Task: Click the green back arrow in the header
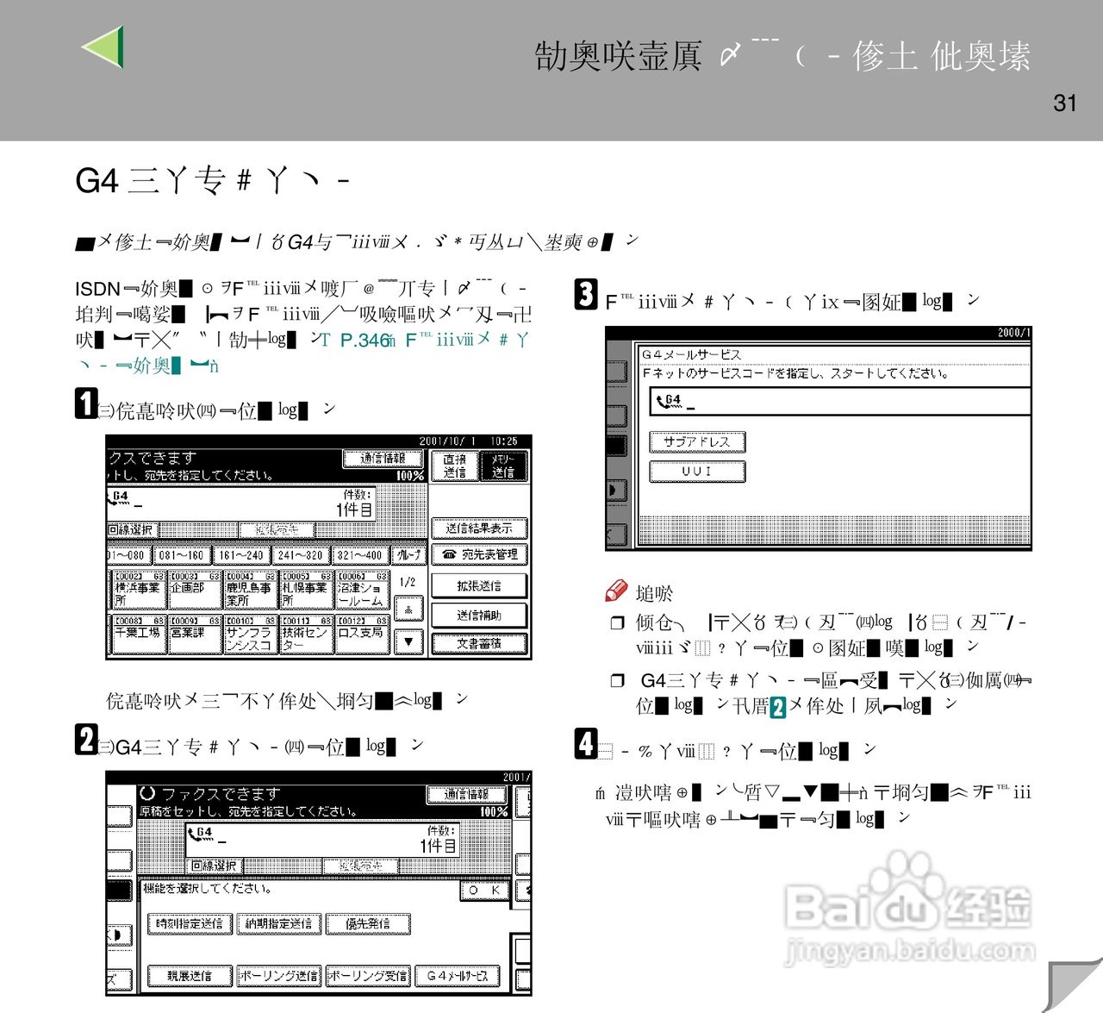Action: [x=104, y=47]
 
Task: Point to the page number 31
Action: [x=1065, y=103]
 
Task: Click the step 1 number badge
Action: [x=85, y=403]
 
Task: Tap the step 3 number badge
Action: [x=586, y=295]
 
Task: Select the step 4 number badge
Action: [x=586, y=744]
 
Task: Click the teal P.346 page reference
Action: [x=364, y=341]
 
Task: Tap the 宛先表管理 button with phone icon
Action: [x=479, y=554]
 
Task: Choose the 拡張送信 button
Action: [x=479, y=585]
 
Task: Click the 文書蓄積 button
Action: [x=479, y=643]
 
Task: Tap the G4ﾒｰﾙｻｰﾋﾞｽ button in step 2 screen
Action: [x=458, y=976]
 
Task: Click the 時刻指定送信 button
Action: [x=190, y=923]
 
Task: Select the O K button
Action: [x=484, y=891]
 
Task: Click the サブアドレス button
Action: [x=696, y=442]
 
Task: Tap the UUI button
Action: [x=696, y=472]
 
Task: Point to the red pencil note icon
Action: [x=616, y=591]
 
